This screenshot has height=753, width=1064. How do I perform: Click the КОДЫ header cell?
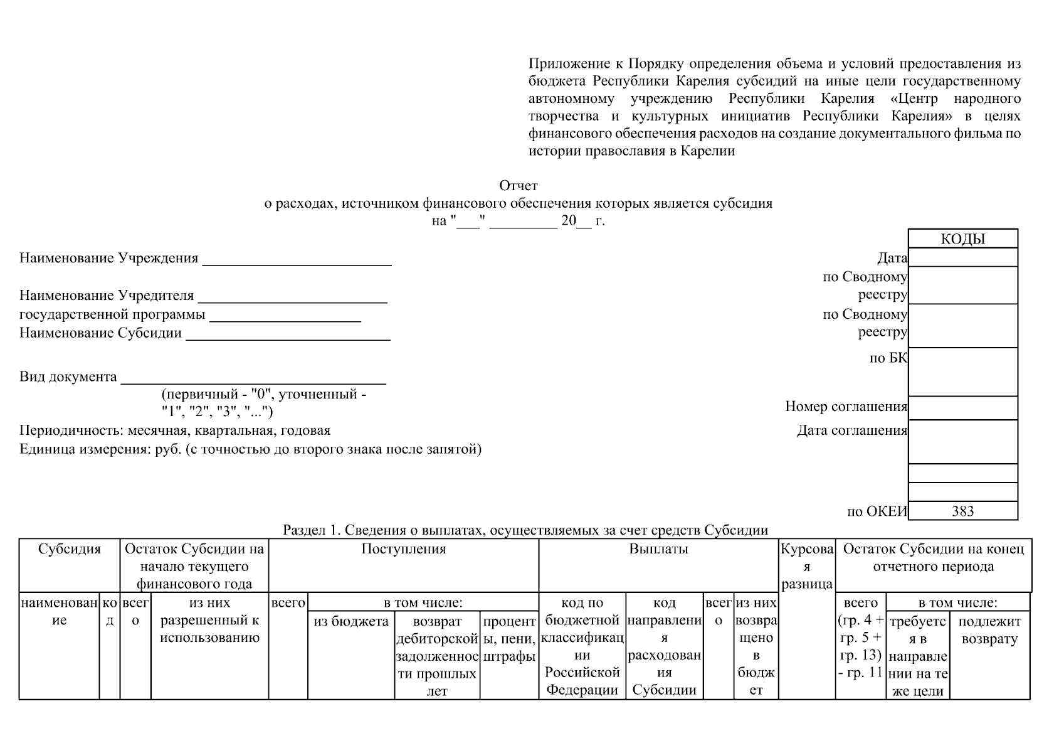click(x=962, y=239)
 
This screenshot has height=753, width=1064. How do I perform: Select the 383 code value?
click(x=962, y=511)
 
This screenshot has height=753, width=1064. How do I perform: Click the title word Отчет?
click(x=519, y=186)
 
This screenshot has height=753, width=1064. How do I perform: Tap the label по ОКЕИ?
click(x=877, y=511)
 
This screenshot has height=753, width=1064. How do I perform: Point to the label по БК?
click(x=888, y=358)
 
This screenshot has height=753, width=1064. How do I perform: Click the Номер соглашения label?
click(x=846, y=407)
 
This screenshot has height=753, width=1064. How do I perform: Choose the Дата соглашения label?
click(x=852, y=430)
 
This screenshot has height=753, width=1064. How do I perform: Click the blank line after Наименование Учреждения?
click(x=297, y=264)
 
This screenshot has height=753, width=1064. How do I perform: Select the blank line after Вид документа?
click(x=253, y=382)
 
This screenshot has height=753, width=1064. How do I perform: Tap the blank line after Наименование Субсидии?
click(x=288, y=338)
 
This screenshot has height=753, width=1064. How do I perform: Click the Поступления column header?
click(x=404, y=549)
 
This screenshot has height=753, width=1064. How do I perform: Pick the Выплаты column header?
click(x=658, y=549)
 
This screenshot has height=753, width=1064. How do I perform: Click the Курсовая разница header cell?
click(x=807, y=567)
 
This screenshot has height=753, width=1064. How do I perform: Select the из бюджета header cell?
click(x=351, y=621)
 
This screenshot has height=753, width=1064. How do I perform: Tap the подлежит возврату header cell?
click(x=990, y=630)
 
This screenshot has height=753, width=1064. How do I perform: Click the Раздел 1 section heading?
click(x=525, y=530)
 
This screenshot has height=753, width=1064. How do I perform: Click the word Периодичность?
click(x=71, y=430)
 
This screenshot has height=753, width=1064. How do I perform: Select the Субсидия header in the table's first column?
click(x=70, y=550)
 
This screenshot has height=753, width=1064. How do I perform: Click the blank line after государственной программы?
click(x=285, y=319)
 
